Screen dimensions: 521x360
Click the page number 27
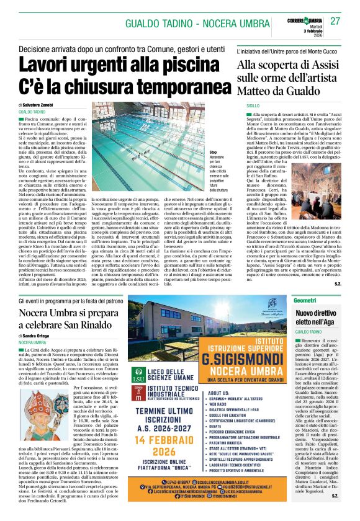pos(335,22)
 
